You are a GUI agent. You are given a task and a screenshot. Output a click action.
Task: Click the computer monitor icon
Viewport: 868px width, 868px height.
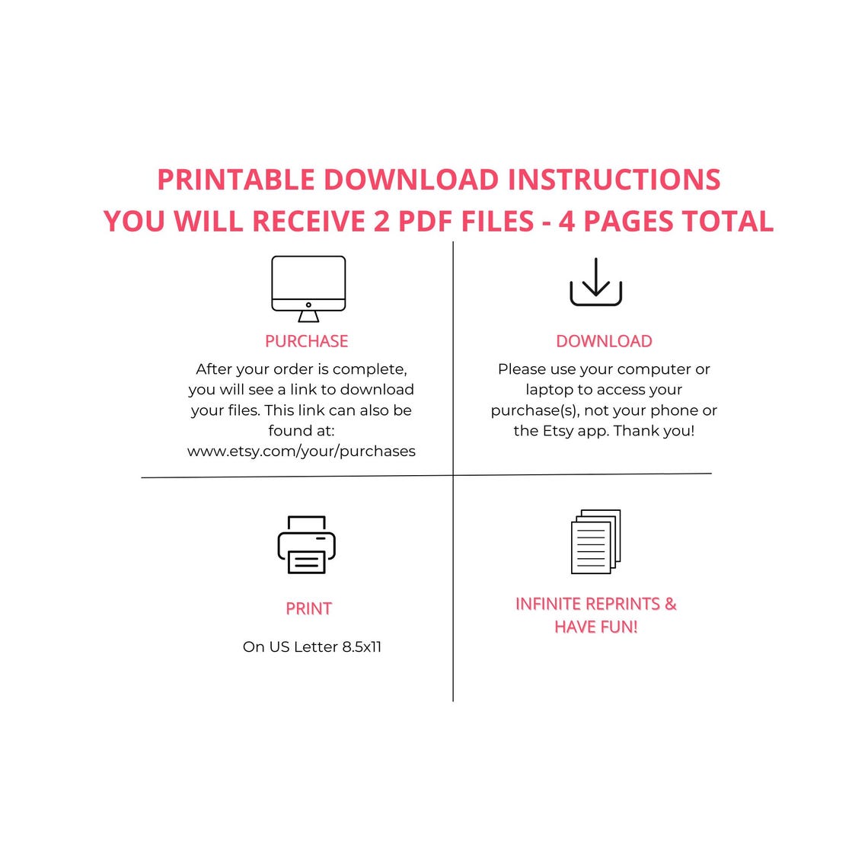(x=308, y=289)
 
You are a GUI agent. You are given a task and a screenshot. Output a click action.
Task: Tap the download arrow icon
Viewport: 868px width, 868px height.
(x=595, y=282)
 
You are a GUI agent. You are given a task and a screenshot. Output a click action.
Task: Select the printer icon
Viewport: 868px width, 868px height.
(x=307, y=544)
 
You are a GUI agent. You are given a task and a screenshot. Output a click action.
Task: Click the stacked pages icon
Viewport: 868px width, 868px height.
(x=595, y=541)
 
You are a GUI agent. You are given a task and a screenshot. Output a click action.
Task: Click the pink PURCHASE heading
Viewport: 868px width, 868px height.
(x=307, y=341)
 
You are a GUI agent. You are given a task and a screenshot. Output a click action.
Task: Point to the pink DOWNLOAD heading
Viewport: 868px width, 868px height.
(x=604, y=341)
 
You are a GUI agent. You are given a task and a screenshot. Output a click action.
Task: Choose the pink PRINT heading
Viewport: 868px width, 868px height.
(x=308, y=608)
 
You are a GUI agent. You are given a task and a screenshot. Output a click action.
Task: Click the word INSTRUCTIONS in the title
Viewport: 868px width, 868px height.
(x=614, y=180)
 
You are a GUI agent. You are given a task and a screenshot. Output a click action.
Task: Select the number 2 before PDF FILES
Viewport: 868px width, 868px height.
(x=381, y=222)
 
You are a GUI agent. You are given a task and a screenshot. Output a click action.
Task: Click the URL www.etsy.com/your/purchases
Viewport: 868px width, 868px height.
(x=302, y=452)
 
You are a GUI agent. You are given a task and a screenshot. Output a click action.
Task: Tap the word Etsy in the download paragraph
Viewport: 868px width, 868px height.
(x=557, y=431)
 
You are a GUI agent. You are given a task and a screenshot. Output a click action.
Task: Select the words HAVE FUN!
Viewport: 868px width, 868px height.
(x=595, y=627)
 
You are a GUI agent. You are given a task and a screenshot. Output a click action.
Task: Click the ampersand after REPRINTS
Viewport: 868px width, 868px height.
(x=670, y=603)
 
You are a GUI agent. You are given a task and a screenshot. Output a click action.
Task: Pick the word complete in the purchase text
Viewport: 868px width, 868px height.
(x=369, y=369)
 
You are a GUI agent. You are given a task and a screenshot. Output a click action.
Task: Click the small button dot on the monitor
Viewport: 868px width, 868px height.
(x=308, y=305)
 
